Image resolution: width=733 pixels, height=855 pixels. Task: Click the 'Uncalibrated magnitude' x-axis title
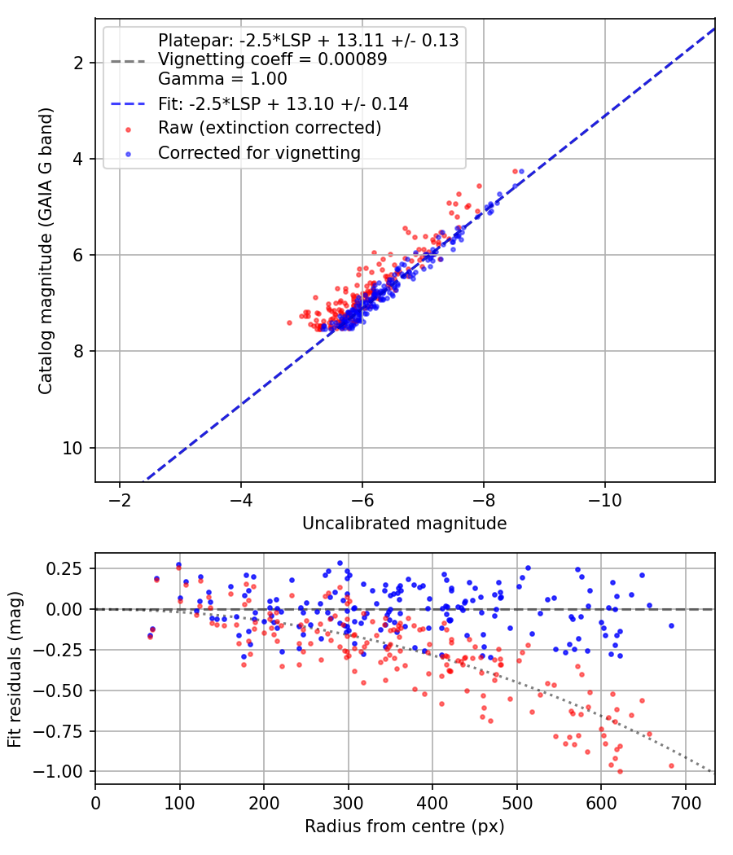(404, 524)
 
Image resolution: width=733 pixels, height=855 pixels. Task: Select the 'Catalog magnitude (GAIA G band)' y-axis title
(46, 251)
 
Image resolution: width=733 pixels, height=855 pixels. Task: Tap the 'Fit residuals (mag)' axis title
(15, 669)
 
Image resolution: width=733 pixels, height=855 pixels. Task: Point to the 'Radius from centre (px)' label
(404, 826)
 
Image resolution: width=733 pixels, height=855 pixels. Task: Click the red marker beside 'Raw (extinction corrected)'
(128, 129)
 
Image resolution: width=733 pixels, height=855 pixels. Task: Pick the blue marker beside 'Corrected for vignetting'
(128, 155)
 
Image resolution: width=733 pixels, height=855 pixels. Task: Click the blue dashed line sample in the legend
(128, 103)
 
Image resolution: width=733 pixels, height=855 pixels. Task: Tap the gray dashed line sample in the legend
(128, 61)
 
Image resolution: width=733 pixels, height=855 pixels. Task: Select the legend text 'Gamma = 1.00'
(222, 79)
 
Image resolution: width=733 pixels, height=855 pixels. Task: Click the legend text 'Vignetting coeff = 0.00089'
(273, 59)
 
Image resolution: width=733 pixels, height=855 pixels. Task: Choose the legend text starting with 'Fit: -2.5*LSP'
(283, 103)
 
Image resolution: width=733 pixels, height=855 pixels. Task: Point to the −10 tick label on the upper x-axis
(604, 500)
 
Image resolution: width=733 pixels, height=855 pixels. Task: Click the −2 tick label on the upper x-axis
(120, 500)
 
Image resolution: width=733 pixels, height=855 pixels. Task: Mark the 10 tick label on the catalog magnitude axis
(72, 448)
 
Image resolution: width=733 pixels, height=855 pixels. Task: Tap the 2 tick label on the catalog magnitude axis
(78, 64)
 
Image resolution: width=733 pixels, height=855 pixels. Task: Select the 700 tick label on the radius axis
(685, 803)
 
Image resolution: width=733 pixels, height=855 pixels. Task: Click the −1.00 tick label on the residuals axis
(58, 772)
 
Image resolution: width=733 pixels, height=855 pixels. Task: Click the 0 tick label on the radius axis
(95, 803)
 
